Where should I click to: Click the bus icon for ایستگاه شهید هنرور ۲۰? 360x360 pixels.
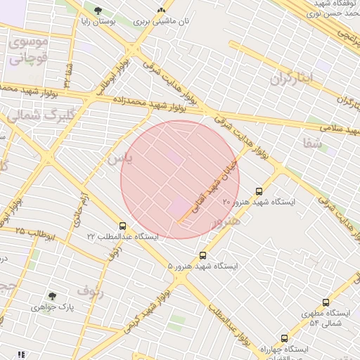point(259,191)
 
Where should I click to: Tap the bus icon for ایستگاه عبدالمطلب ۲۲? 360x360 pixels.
point(123,226)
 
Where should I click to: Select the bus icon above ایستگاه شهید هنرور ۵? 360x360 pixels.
point(203,255)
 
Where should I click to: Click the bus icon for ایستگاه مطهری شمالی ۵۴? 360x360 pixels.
point(326,302)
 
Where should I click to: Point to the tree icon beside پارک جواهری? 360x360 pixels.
point(51,297)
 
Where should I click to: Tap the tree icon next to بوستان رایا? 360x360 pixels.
point(97,11)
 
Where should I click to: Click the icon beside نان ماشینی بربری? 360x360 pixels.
point(162,11)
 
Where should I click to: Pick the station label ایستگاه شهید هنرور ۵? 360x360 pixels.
point(203,266)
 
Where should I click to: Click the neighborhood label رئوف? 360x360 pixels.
point(91,291)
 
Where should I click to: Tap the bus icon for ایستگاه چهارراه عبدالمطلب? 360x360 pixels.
point(284,338)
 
